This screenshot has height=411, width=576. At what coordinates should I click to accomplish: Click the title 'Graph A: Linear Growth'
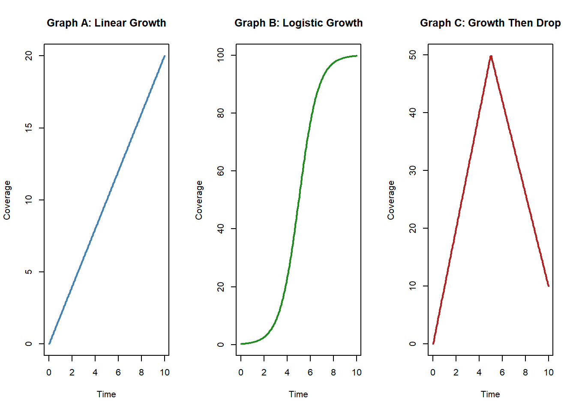point(106,23)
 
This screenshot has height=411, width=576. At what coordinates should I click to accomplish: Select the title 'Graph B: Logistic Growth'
point(298,23)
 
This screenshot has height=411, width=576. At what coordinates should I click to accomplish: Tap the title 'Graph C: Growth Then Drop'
point(490,23)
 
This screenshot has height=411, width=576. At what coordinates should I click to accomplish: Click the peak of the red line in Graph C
point(491,56)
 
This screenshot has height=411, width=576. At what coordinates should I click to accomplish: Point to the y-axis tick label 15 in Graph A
point(29,128)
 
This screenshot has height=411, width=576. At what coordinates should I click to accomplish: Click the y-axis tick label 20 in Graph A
point(29,56)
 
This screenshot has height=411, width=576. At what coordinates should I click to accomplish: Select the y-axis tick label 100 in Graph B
point(221,55)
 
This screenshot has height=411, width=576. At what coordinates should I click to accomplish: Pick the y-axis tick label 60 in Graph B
point(221,171)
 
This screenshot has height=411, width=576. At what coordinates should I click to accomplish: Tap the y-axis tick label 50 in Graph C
point(413,55)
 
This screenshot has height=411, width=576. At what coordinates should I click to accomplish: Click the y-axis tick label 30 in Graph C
point(413,170)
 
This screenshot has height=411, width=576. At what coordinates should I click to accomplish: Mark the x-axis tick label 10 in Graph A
point(165,372)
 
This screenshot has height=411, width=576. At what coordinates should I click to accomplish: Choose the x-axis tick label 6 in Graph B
point(310,372)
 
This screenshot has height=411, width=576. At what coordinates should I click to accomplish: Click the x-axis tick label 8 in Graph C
point(525,372)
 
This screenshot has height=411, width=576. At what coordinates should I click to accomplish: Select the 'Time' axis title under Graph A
point(106,394)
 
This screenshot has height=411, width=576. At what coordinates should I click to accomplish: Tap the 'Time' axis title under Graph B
point(298,394)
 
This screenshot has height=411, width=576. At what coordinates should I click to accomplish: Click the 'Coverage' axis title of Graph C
point(391,200)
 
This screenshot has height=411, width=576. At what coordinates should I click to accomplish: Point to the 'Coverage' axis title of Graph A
point(7,200)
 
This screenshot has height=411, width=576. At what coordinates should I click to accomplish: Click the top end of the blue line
point(165,56)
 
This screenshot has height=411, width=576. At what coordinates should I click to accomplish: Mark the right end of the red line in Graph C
point(549,286)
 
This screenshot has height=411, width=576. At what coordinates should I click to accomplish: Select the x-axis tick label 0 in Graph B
point(241,372)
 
